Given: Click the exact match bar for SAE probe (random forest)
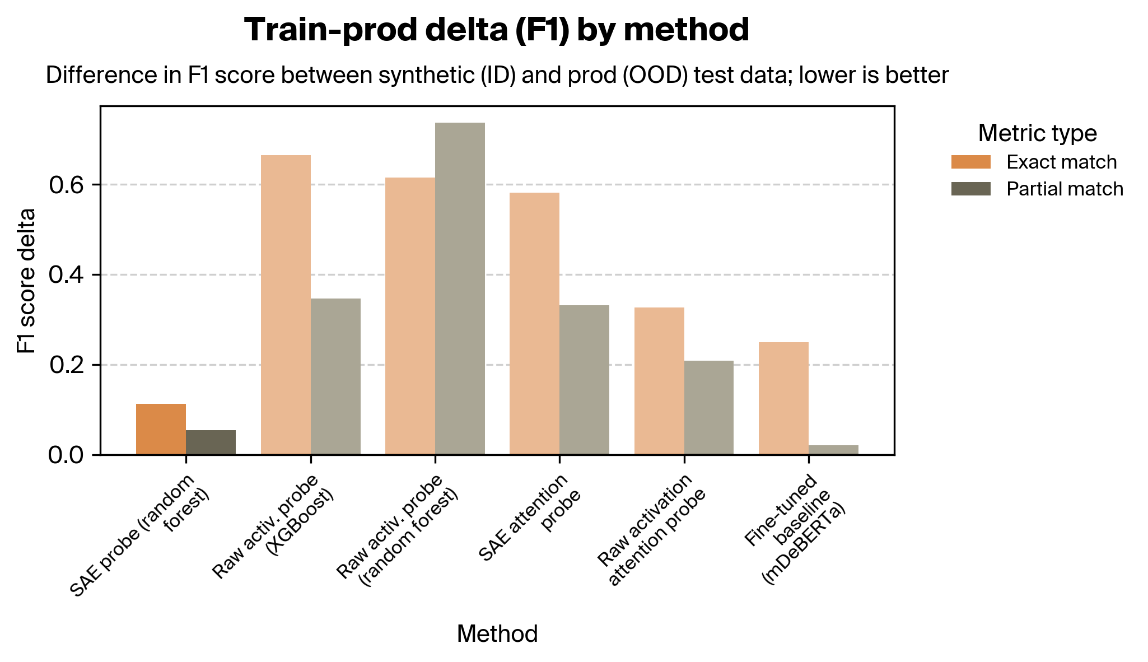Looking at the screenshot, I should click(161, 429).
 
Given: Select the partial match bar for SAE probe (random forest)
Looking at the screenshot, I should click(211, 442).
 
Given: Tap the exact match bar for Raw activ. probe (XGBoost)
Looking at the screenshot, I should click(286, 305).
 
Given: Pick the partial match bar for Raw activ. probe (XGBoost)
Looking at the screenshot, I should click(335, 376).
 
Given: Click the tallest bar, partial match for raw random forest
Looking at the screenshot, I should click(460, 288).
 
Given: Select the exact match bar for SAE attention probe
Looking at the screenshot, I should click(534, 324).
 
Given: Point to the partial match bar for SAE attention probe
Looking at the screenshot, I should click(584, 380).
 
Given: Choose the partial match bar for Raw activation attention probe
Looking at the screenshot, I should click(708, 408).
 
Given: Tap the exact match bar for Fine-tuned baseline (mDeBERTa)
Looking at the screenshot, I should click(783, 398).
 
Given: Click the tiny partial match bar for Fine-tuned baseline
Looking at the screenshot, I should click(833, 450).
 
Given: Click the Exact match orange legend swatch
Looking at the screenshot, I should click(970, 162).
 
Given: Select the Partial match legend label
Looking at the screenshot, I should click(1065, 189).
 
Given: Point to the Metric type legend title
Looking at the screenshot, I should click(1037, 133).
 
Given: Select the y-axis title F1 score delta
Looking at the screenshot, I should click(26, 281).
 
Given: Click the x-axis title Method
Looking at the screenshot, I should click(497, 634).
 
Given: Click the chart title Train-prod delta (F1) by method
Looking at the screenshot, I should click(497, 30).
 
